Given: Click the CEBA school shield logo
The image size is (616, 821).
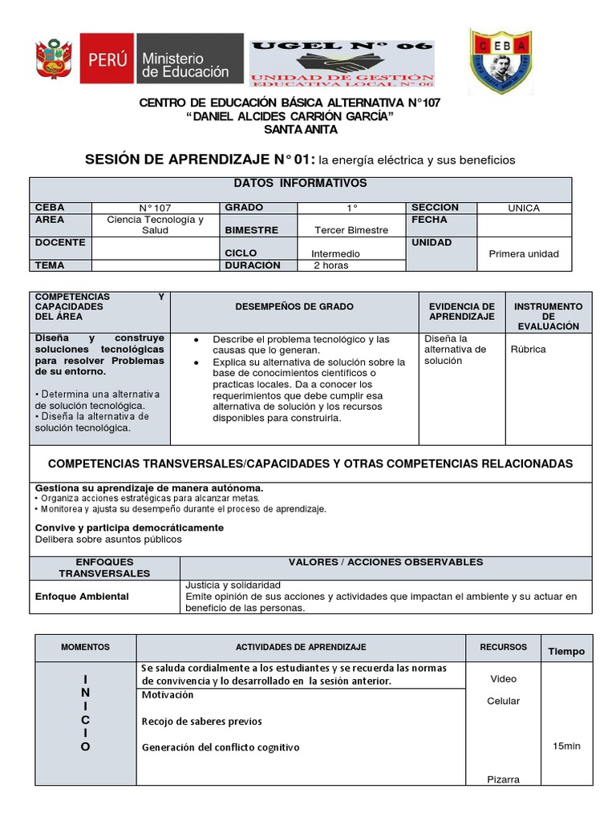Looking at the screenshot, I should [501, 61].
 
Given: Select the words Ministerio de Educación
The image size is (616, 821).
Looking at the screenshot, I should [185, 65].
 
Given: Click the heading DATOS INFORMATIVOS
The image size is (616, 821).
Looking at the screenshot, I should [300, 184].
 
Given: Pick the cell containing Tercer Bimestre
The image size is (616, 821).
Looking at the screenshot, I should [351, 230].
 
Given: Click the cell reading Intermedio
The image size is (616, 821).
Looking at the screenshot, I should [335, 253].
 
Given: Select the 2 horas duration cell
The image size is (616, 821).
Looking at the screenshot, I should [330, 265].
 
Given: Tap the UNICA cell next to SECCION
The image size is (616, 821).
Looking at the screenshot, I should [524, 208].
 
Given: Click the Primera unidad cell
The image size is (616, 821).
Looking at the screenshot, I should [524, 254].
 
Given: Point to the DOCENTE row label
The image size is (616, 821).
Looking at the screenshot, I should [55, 242].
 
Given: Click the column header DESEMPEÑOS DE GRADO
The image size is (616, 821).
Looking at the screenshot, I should [294, 307].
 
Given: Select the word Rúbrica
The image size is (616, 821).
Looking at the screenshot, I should [528, 350].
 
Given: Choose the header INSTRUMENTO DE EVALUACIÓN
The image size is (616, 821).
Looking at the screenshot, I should [549, 316].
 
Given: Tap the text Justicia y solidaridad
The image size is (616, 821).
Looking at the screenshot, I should [233, 585].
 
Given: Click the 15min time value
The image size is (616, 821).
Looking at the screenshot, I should [566, 746].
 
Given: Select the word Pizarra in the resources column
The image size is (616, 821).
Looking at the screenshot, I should [503, 779].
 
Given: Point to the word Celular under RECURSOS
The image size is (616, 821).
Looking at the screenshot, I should [503, 701].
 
